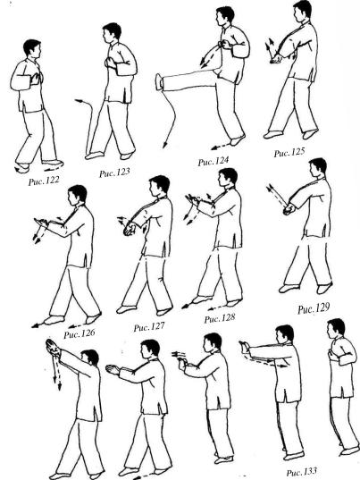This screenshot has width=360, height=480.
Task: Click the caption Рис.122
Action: pos(44,181)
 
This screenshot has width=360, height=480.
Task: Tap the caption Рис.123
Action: pos(114,173)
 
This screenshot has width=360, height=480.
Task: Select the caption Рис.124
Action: pos(213,161)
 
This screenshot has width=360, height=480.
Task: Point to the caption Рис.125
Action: pos(289,152)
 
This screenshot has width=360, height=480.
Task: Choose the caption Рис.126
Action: pos(80,333)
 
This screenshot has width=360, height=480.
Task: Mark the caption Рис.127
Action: pos(149,327)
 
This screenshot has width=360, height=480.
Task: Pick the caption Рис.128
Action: pos(220,318)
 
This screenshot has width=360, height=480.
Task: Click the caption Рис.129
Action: pos(314,308)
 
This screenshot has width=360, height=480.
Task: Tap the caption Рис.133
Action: pos(302,472)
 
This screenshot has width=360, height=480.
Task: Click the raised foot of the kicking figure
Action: pos(159,81)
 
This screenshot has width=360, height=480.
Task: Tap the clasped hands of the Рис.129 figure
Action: pos(289,210)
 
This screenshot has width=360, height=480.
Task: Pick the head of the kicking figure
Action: pos(225,17)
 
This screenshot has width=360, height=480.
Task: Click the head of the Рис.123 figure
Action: pos(112,33)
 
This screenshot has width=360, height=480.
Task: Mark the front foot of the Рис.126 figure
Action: pos(54,320)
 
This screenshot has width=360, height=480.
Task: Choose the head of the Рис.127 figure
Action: pos(159,186)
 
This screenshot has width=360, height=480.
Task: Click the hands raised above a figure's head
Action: pos(54,348)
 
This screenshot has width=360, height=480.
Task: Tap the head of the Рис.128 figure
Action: pos(228,178)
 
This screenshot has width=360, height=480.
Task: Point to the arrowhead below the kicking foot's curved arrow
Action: pos(165,145)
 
